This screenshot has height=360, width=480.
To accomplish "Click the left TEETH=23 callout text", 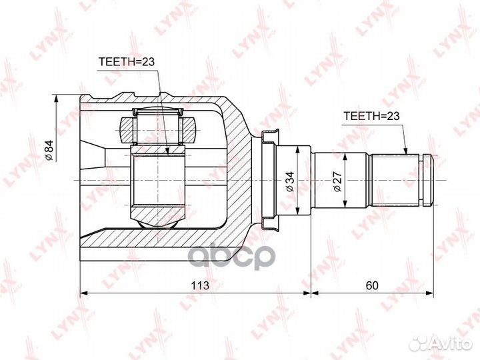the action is click(x=127, y=62).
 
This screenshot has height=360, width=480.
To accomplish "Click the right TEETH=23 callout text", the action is click(x=371, y=116).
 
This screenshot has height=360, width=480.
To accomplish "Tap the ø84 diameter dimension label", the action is click(x=49, y=150).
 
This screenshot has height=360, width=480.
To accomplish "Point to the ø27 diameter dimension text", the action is click(x=337, y=182).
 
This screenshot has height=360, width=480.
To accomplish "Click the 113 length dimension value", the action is click(x=200, y=285).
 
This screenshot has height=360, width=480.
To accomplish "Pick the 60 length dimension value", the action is click(x=372, y=285).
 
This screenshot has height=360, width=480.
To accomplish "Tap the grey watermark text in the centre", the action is click(x=231, y=257).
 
